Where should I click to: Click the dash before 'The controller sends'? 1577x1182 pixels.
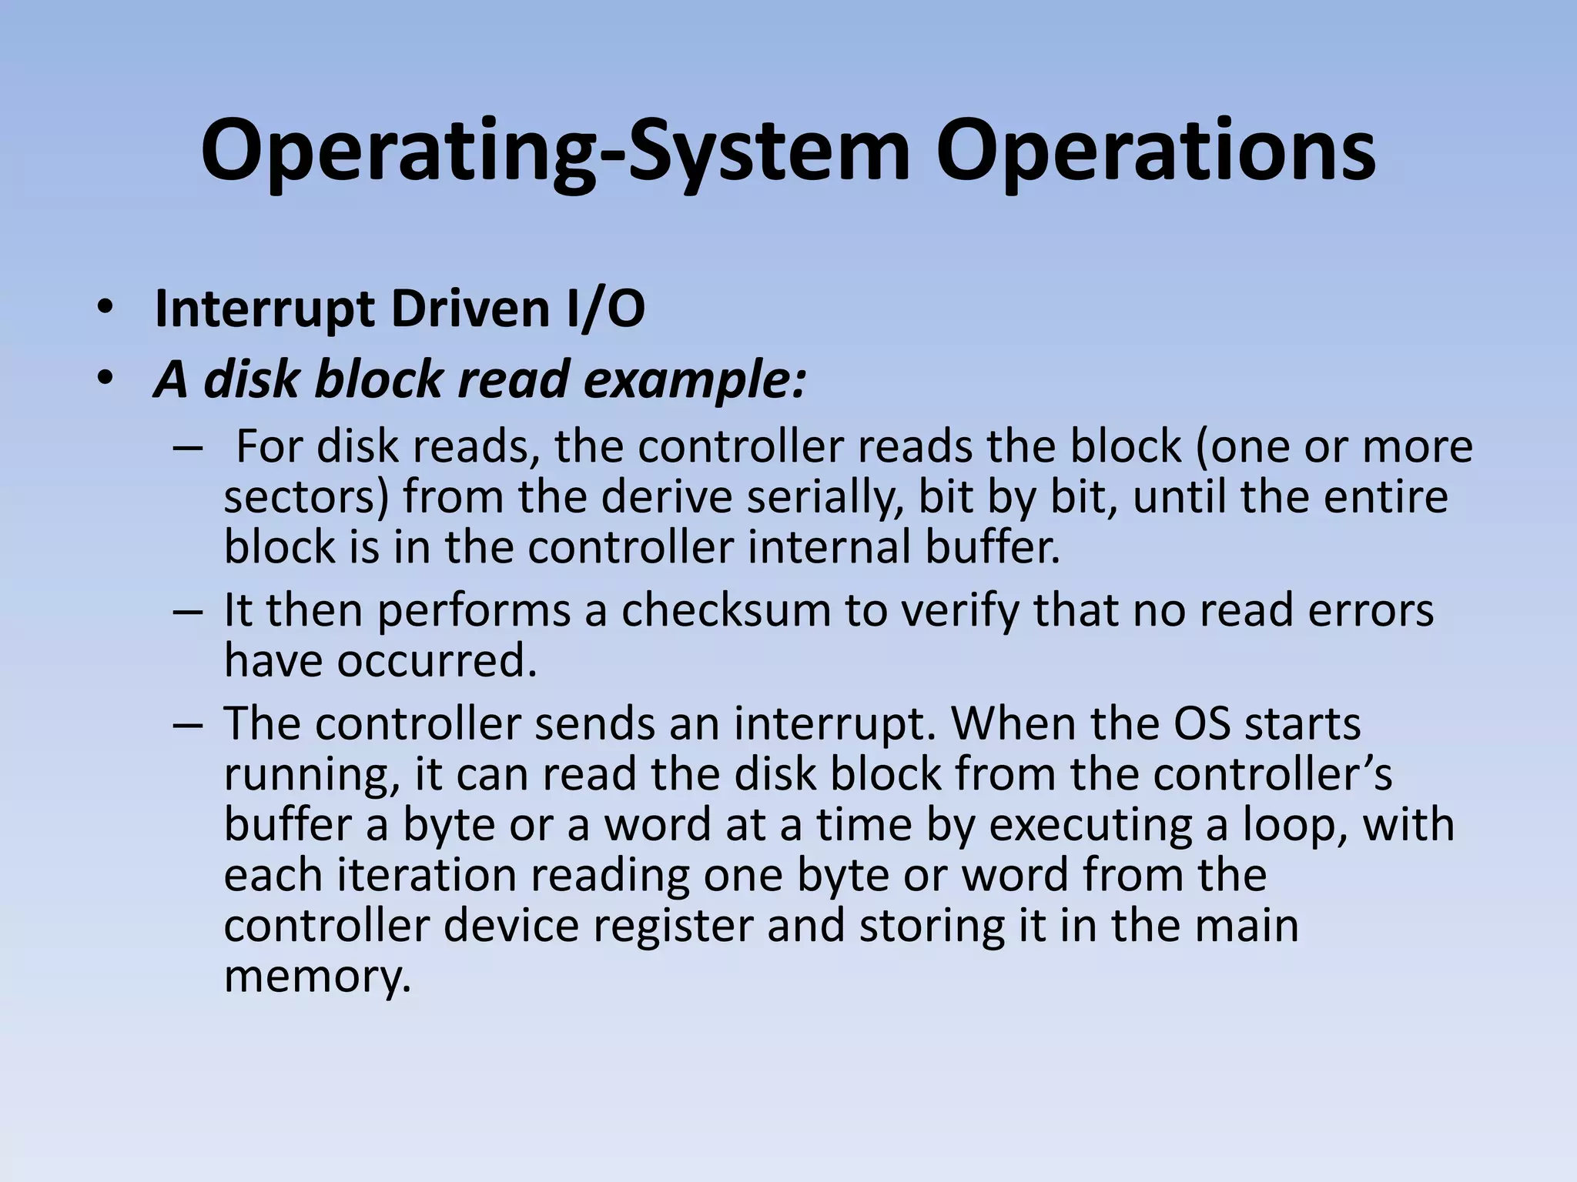tap(188, 725)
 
